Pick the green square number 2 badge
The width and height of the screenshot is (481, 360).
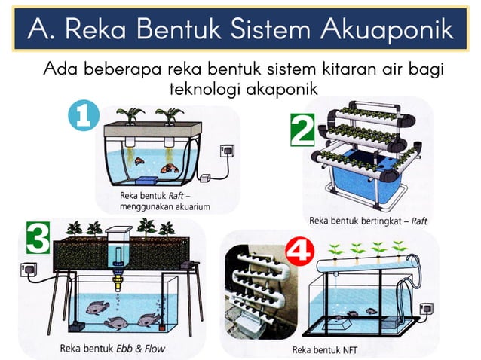click(x=302, y=130)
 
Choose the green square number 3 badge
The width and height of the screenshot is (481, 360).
click(x=38, y=239)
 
